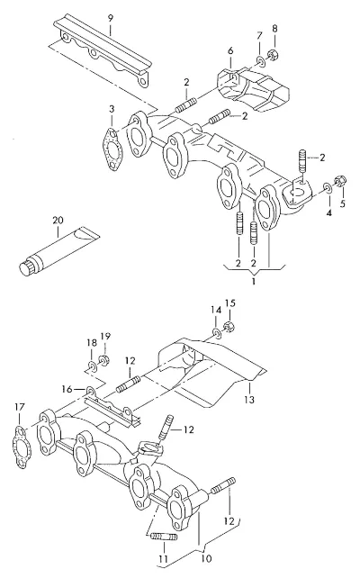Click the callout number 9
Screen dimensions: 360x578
111,18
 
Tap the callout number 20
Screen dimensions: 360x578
58,221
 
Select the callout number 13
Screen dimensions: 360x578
249,399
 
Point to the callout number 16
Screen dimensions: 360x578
67,389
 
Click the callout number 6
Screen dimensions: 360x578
230,50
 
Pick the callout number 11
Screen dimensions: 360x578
163,559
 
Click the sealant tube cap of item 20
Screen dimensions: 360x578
26,267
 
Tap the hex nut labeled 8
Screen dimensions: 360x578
274,55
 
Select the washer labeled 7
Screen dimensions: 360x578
260,61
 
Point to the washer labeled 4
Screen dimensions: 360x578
328,188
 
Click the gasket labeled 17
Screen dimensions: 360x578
23,447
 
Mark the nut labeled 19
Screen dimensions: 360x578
103,360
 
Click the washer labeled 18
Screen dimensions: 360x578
92,366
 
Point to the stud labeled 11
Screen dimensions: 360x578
165,537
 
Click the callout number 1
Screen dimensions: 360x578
254,283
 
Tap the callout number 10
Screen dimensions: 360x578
207,558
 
